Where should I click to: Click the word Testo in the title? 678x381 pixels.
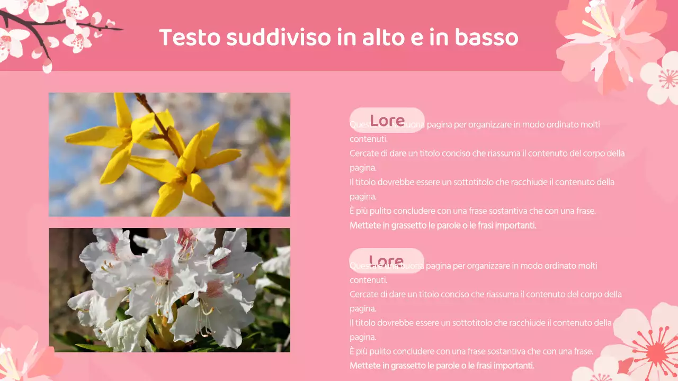pos(189,38)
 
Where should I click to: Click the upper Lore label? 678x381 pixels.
pos(387,120)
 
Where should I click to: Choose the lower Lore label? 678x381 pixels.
pos(387,261)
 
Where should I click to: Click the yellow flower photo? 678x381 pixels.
pos(169,155)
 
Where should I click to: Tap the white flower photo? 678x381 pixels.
pos(169,290)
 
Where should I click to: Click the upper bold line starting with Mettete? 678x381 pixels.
pos(443,225)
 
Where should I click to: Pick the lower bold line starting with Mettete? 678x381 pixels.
pos(442,366)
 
